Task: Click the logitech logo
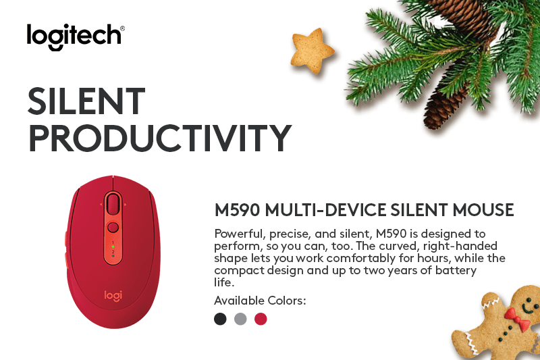click(x=76, y=36)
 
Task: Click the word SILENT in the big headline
click(x=86, y=101)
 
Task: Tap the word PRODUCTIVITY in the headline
click(x=160, y=138)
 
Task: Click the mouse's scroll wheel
click(x=113, y=203)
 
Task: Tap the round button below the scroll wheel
click(x=113, y=228)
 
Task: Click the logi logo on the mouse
click(x=113, y=296)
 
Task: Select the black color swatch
click(x=221, y=319)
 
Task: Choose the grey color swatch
click(x=240, y=319)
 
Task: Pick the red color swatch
click(x=261, y=319)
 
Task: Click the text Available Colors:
click(x=260, y=301)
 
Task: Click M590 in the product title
click(x=237, y=210)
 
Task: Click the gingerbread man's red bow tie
click(x=517, y=319)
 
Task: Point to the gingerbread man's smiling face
click(x=529, y=304)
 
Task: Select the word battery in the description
click(x=456, y=270)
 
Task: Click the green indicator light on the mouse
click(x=113, y=247)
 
